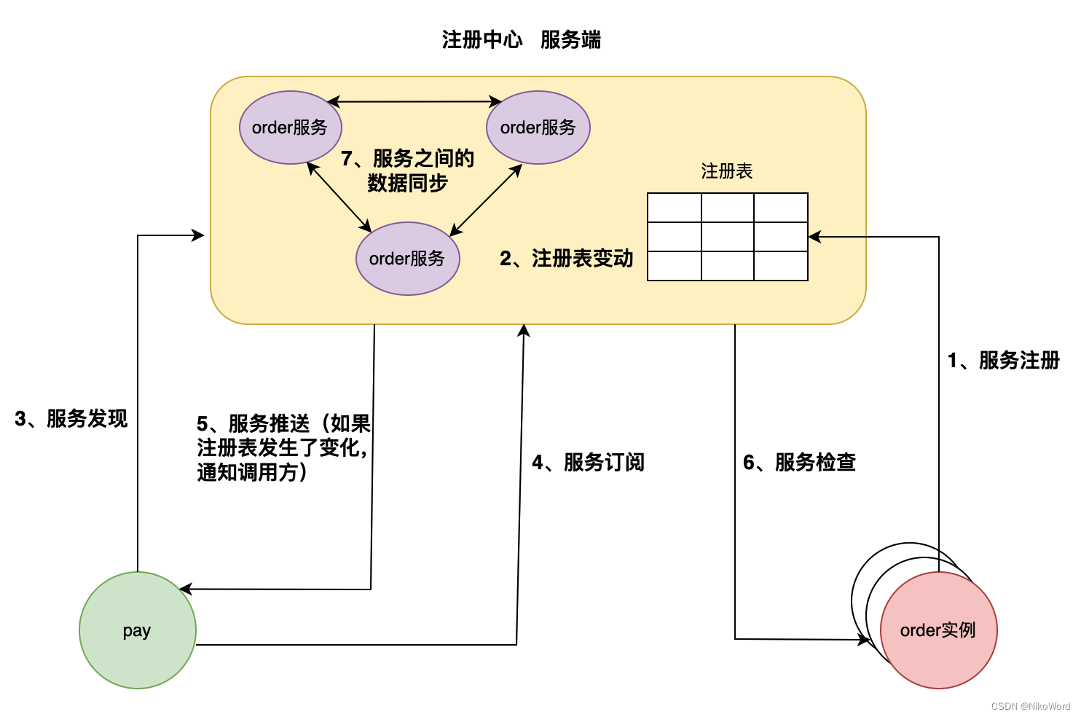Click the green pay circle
coord(137,630)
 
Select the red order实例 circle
coord(938,630)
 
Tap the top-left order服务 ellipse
coord(290,128)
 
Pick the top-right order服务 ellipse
coord(538,128)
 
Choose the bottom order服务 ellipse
coord(407,259)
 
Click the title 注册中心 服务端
coord(521,40)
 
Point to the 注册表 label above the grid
coord(726,171)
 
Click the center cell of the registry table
coord(727,237)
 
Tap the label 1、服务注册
coord(1003,361)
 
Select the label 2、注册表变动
coord(566,259)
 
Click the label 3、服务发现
coord(71,419)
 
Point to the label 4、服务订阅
coord(588,463)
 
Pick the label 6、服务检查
coord(799,463)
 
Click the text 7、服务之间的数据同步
coord(407,171)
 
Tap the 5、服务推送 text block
coord(283,448)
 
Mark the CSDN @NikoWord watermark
coord(1030,706)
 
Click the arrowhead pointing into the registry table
coord(814,237)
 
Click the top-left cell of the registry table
coord(674,208)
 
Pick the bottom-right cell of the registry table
coord(781,266)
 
